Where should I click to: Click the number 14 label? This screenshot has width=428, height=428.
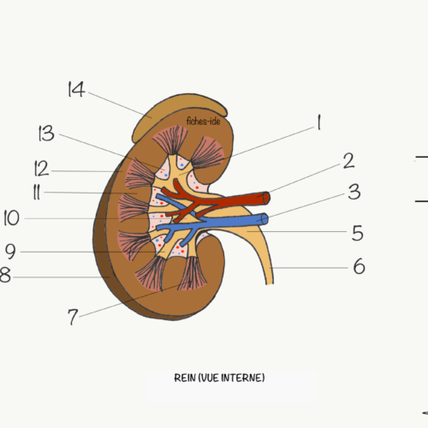tap(76, 89)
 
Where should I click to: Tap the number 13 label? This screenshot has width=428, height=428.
tap(46, 134)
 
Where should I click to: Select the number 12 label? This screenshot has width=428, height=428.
tap(41, 169)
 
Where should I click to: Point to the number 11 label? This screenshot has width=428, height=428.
tap(37, 192)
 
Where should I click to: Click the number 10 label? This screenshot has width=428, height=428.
tap(11, 218)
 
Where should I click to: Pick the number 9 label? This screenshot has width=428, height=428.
tap(10, 251)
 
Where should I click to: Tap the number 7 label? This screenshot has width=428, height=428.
tap(73, 317)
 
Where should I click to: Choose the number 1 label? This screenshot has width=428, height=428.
tap(319, 122)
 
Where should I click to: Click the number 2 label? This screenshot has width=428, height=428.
tap(348, 161)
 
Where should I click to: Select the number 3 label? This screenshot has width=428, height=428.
tap(354, 192)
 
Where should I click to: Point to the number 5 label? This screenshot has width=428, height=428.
tap(358, 233)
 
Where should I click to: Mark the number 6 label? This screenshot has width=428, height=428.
tap(360, 266)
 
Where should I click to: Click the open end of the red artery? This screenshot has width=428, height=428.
tap(266, 198)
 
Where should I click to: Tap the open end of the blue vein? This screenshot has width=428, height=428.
tap(265, 219)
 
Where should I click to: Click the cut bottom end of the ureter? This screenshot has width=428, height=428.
tap(270, 284)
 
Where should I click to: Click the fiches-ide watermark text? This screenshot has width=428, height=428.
tap(203, 122)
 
